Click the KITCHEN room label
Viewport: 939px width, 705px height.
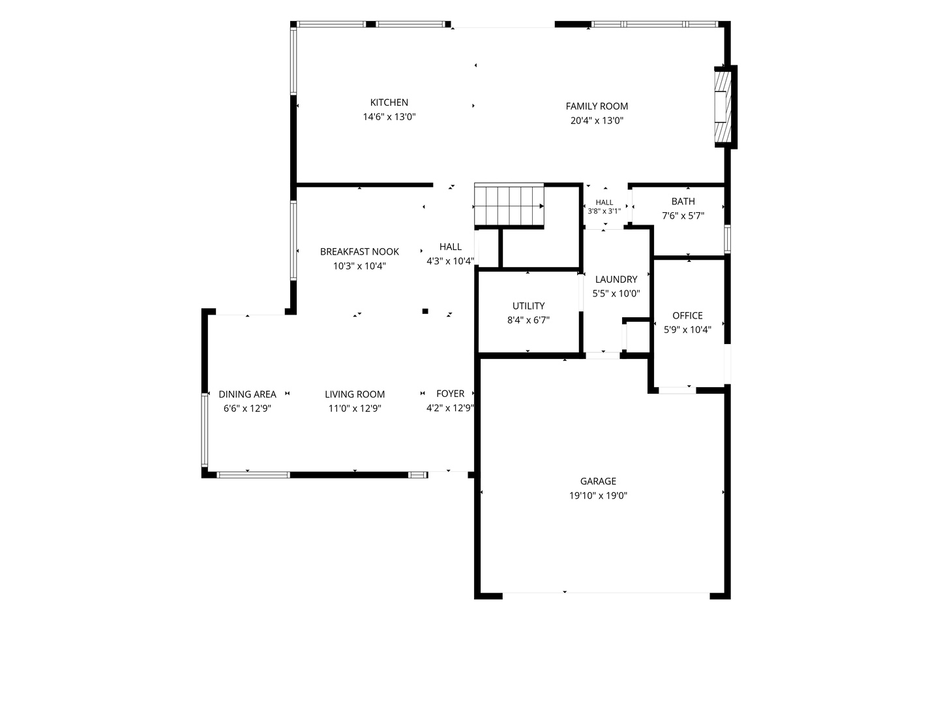[389, 102]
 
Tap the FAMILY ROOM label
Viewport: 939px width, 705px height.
[597, 106]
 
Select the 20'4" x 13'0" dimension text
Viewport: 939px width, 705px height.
[597, 121]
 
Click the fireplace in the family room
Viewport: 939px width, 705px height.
[723, 107]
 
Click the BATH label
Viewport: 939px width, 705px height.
[683, 201]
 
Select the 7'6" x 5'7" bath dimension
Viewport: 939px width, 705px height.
[683, 215]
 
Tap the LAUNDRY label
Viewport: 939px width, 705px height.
[616, 279]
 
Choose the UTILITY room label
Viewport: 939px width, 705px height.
[528, 306]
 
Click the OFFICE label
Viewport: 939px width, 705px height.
[687, 316]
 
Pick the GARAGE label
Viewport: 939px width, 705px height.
[598, 481]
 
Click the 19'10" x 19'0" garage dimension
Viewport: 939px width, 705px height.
[598, 495]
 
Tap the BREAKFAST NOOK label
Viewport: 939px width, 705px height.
[359, 252]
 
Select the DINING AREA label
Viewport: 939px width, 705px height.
[247, 394]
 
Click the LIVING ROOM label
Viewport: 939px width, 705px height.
[355, 394]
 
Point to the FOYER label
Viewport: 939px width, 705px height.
[450, 394]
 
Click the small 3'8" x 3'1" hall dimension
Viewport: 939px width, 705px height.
[604, 211]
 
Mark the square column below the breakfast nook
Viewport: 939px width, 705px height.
[425, 311]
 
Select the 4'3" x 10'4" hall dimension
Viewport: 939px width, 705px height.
[450, 261]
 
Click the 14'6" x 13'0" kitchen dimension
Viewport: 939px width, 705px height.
[389, 117]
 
